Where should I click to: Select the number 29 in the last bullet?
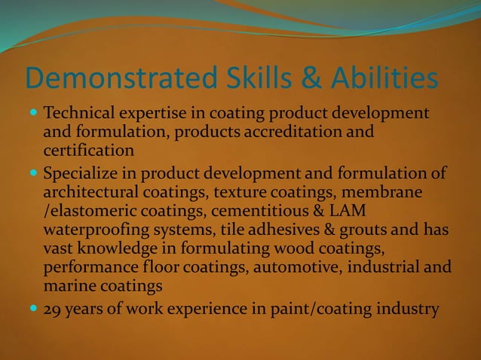click(x=54, y=308)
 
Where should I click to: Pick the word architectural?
click(x=95, y=192)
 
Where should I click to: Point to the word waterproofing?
click(x=100, y=230)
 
